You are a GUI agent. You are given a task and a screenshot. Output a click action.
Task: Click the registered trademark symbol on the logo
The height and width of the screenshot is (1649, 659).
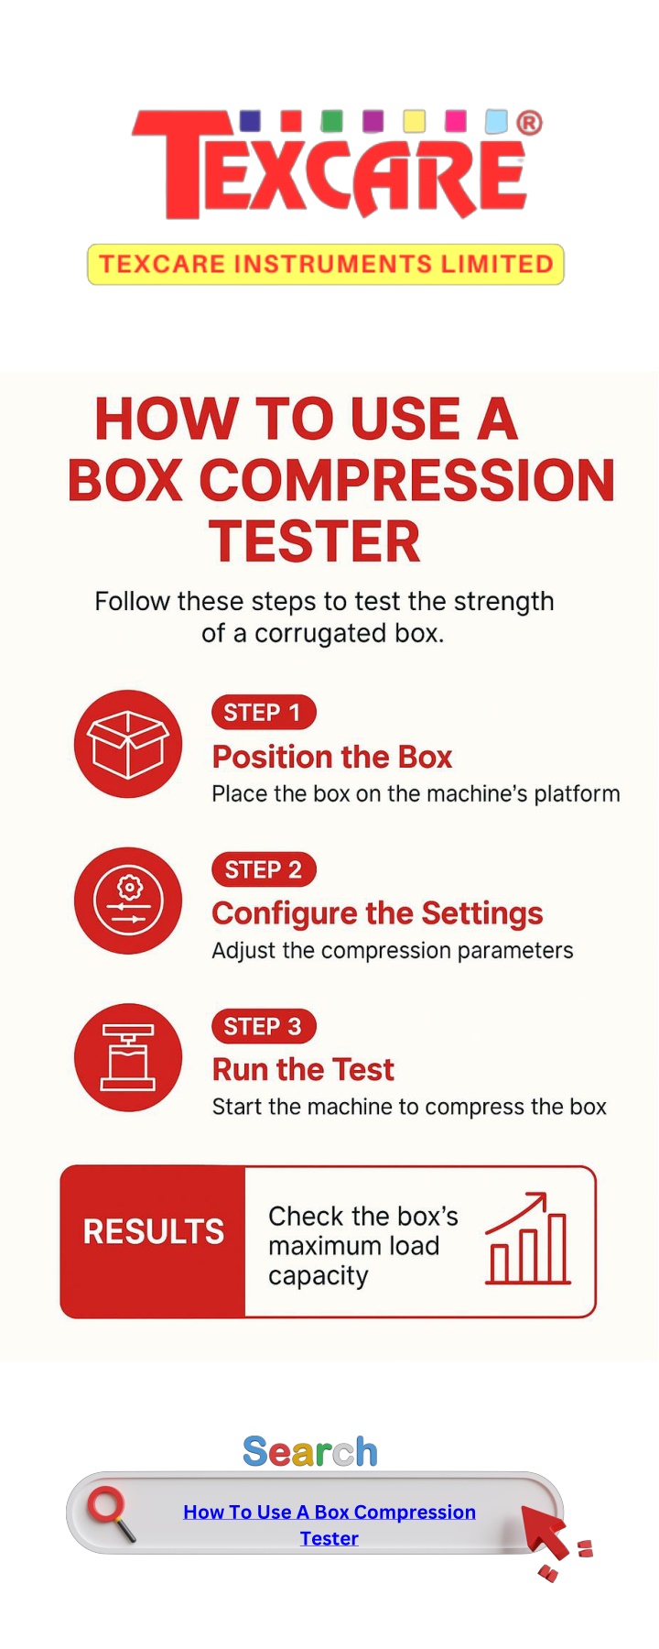point(530,123)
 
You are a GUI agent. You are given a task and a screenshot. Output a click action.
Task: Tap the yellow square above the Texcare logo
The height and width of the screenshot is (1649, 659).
point(415,121)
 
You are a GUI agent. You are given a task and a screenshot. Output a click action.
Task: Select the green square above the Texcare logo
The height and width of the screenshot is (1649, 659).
point(332,121)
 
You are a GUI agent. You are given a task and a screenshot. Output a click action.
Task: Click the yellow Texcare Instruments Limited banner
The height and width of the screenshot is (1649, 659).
point(326,265)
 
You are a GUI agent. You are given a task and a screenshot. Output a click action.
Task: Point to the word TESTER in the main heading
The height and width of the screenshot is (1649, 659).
point(315,541)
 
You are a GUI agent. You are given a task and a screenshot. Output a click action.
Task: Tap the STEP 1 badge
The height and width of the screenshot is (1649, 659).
point(264,713)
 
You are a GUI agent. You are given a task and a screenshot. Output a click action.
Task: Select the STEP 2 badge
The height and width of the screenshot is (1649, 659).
point(264,869)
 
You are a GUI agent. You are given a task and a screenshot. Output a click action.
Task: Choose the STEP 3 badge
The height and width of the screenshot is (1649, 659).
point(264,1026)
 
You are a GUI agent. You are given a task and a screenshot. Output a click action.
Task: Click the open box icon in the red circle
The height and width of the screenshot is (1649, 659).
point(128,744)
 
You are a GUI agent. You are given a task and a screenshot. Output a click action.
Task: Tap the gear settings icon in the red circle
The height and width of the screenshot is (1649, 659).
point(128,901)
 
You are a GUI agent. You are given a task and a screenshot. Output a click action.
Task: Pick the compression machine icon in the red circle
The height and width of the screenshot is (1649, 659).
point(128,1057)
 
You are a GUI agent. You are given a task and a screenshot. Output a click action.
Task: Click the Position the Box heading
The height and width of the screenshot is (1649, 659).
point(332,757)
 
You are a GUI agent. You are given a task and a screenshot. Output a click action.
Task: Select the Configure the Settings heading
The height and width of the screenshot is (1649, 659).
point(377,913)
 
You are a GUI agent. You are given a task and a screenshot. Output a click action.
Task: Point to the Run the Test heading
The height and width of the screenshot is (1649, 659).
point(303,1069)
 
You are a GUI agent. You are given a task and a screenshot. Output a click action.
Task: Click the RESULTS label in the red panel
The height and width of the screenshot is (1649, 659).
point(154,1231)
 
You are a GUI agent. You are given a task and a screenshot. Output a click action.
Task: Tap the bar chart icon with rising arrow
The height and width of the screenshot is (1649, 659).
point(528,1239)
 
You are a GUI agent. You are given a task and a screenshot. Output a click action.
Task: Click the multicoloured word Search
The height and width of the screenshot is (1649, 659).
point(310,1452)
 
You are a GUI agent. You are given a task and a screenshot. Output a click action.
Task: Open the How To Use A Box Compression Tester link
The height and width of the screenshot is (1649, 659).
point(329,1524)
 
